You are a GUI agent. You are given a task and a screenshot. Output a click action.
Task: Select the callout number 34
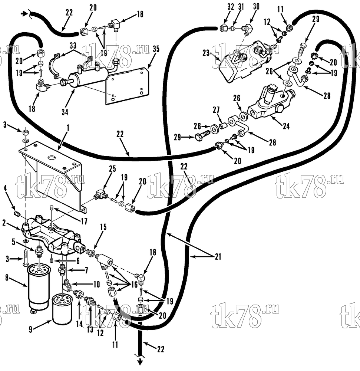[65, 112]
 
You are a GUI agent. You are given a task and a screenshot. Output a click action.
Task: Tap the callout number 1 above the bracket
[68, 128]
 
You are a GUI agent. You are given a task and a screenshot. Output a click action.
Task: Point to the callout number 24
[286, 126]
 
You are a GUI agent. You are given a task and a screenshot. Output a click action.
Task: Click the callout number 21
[218, 257]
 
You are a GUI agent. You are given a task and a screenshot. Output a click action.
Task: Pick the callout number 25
[112, 169]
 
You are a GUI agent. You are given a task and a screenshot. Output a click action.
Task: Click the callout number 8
[7, 278]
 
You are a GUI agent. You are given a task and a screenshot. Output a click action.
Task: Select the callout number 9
[30, 329]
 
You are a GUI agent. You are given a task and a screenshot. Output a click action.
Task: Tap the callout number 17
[84, 221]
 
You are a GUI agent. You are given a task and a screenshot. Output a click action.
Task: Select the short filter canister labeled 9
[62, 309]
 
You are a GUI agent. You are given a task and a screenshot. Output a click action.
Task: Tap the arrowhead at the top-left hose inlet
[23, 14]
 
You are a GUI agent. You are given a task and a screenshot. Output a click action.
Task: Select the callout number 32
[231, 7]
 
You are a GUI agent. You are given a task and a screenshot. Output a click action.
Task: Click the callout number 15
[103, 227]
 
